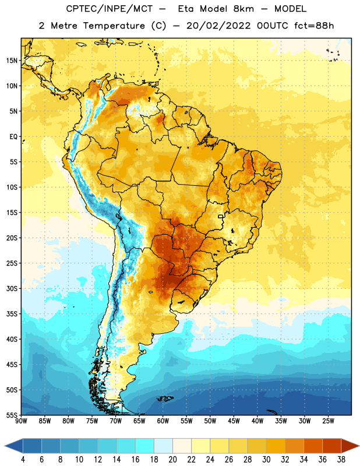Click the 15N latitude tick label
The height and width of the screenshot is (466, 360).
tap(12, 61)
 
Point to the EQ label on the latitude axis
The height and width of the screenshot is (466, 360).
tap(13, 137)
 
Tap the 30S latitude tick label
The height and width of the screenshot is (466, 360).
tap(12, 288)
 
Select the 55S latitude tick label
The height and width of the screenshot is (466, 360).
tap(12, 415)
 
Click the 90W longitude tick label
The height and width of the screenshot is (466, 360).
tap(21, 421)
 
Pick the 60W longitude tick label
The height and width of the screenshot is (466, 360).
tap(163, 421)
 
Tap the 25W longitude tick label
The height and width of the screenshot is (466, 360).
tap(328, 421)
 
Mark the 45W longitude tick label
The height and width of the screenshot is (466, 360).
tap(234, 421)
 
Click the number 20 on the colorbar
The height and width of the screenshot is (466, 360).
tap(172, 460)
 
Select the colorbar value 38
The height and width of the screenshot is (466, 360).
tap(341, 460)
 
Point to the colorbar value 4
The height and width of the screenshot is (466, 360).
tap(23, 460)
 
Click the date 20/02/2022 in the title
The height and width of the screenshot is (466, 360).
tap(218, 26)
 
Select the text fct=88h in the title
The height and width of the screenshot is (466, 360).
tap(314, 26)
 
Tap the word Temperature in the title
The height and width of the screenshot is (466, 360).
tap(114, 26)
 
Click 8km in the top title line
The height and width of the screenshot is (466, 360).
tap(243, 9)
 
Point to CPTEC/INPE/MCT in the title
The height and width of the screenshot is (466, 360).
tap(109, 9)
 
